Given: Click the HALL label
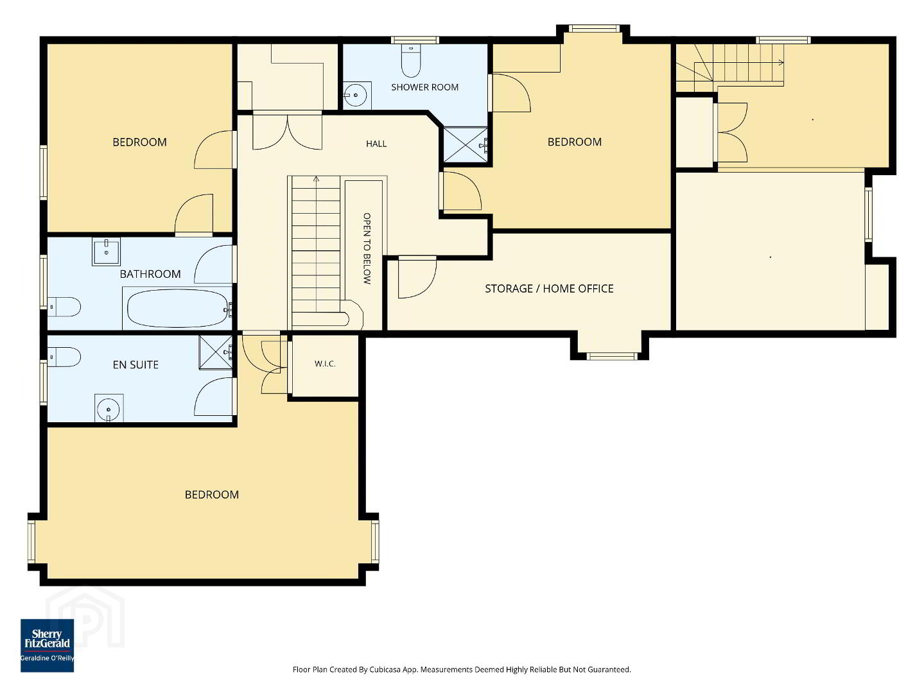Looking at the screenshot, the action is point(376,144).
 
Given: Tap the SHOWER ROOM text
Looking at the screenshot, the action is point(424,87).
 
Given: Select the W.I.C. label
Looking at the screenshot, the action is point(324,364).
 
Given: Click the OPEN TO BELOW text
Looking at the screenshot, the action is point(367,248).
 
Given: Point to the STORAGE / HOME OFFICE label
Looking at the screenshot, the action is point(549,289).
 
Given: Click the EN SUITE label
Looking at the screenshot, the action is point(135,364).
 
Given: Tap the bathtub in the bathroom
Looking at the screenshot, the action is point(179,308).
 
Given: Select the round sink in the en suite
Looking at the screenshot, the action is point(109,409).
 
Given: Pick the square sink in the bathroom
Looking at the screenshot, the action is point(106,252).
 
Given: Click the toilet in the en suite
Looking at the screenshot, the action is point(64,357).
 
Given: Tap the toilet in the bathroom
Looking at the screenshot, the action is point(64,307).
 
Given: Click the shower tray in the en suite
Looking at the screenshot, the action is point(216,352).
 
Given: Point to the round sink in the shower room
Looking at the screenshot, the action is point(356,96).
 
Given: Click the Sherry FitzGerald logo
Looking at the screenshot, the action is point(47,645).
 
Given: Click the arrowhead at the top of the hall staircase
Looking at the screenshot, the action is point(316,179).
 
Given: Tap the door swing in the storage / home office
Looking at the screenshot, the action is point(417,278).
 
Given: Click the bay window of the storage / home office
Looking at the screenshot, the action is point(609,356).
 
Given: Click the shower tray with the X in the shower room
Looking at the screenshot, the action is point(466,144).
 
